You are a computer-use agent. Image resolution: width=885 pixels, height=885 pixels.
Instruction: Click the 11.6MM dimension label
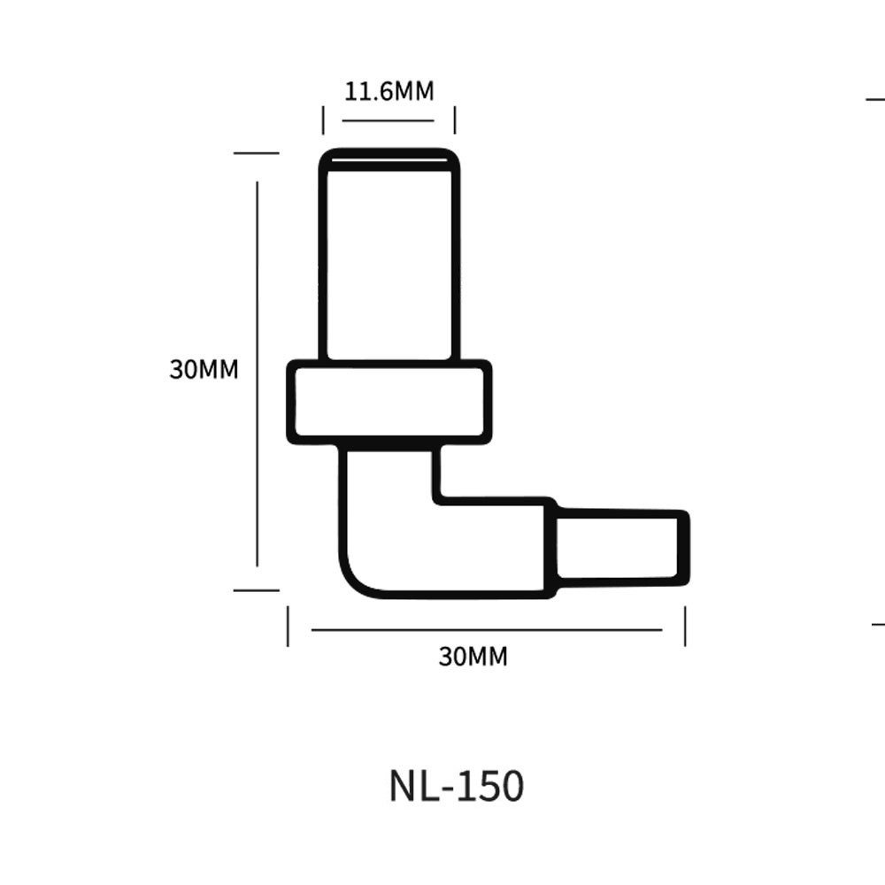tap(388, 90)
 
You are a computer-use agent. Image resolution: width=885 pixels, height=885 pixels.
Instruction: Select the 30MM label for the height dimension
tap(204, 369)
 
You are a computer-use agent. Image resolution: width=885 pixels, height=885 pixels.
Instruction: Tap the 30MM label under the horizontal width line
tap(473, 657)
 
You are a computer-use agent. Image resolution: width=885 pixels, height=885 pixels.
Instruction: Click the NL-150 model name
tap(456, 786)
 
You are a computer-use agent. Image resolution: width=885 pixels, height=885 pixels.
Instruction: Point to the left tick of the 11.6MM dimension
tap(323, 120)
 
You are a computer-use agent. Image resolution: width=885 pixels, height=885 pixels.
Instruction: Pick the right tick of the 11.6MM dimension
tap(454, 120)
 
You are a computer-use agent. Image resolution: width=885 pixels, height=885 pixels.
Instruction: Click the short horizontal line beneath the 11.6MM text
tap(388, 119)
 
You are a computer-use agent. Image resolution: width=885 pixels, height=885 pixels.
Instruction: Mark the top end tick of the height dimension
tap(256, 153)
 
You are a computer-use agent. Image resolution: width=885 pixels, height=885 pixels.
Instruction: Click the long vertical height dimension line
tap(257, 372)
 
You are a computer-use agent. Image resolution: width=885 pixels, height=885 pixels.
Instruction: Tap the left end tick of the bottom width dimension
tap(288, 627)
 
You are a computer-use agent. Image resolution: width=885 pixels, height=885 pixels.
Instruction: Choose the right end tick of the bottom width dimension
tap(684, 627)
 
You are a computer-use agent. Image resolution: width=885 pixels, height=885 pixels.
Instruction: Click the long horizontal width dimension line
tap(487, 630)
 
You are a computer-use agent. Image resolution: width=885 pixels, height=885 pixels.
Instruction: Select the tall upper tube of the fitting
tap(389, 261)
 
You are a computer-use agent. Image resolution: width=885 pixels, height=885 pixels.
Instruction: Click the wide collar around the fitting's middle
tap(389, 401)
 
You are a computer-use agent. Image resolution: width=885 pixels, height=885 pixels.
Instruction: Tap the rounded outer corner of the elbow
tap(354, 580)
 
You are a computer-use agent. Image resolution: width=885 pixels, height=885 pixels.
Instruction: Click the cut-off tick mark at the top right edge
tap(875, 100)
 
